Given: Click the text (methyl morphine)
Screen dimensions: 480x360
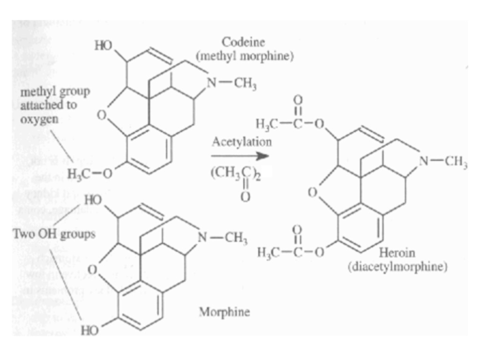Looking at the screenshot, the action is coord(245,57).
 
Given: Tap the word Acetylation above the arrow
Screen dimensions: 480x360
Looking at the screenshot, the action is coord(241,141).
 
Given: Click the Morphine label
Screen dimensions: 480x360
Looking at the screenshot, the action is coord(224,312).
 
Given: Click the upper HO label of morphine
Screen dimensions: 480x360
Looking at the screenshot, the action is coord(93,201).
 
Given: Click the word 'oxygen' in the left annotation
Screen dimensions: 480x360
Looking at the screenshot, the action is coord(40,119).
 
